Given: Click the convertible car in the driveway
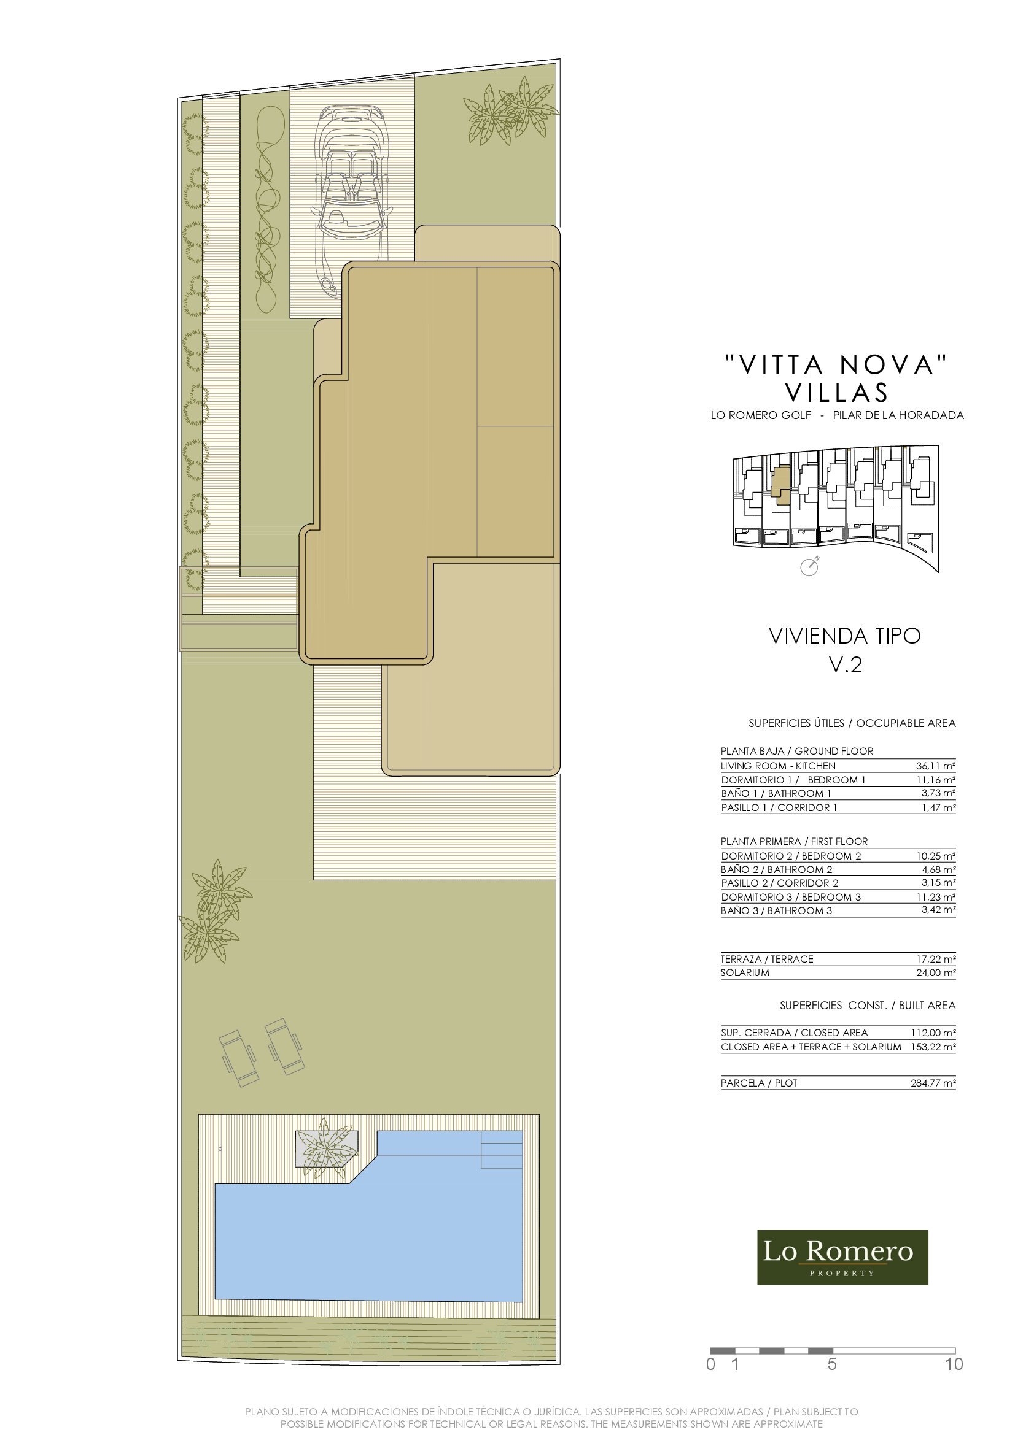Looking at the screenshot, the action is (352, 200).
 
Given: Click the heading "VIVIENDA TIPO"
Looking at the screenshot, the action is (844, 636).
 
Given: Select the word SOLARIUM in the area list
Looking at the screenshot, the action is (745, 972).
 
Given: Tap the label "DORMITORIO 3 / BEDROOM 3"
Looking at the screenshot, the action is (790, 897).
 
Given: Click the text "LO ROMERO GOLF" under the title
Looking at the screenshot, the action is (760, 415).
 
